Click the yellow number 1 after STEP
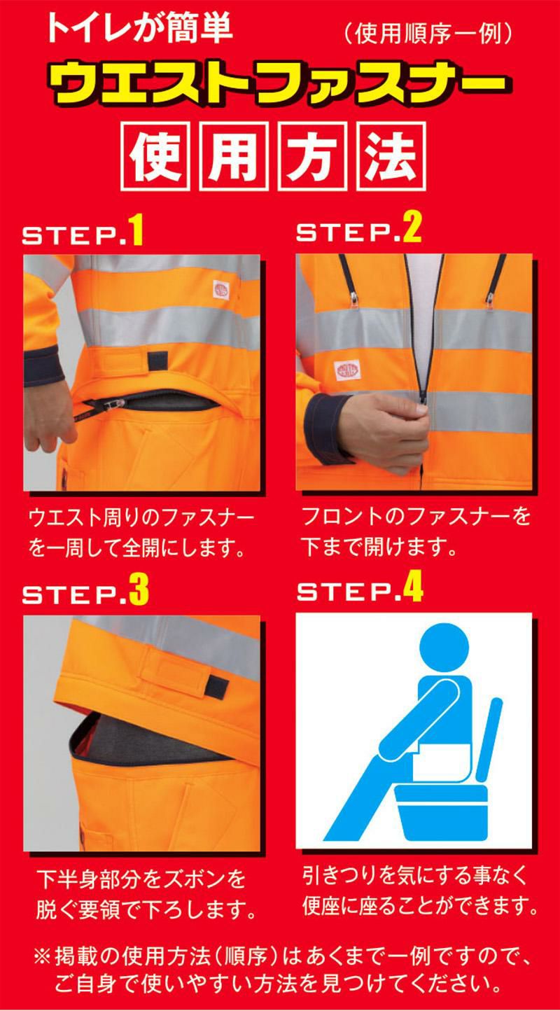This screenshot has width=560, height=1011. click(136, 230)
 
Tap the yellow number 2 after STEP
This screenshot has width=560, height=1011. click(412, 228)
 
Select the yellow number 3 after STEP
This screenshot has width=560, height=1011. click(139, 590)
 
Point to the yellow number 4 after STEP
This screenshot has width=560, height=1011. click(413, 587)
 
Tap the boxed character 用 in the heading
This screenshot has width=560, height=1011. click(234, 156)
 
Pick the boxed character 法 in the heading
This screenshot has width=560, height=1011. click(391, 156)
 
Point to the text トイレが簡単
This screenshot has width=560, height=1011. click(139, 29)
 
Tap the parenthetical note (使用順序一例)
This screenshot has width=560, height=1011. click(428, 34)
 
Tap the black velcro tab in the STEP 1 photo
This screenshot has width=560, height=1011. click(158, 361)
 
